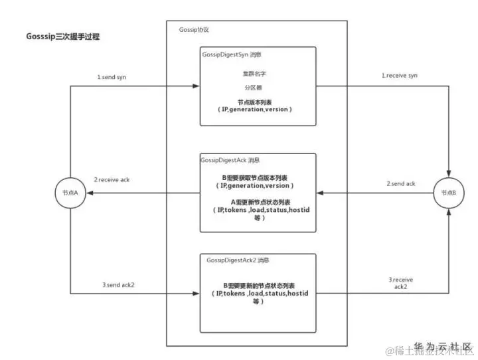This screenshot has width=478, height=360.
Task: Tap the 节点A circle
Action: [x=70, y=192]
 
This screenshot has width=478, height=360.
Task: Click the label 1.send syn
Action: [x=114, y=77]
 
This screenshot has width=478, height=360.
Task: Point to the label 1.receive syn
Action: [x=399, y=76]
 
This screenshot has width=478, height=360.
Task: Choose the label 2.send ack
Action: [x=401, y=183]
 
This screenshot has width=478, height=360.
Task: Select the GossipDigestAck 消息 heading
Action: [x=230, y=160]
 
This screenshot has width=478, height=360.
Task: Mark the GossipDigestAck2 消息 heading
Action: [x=238, y=260]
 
